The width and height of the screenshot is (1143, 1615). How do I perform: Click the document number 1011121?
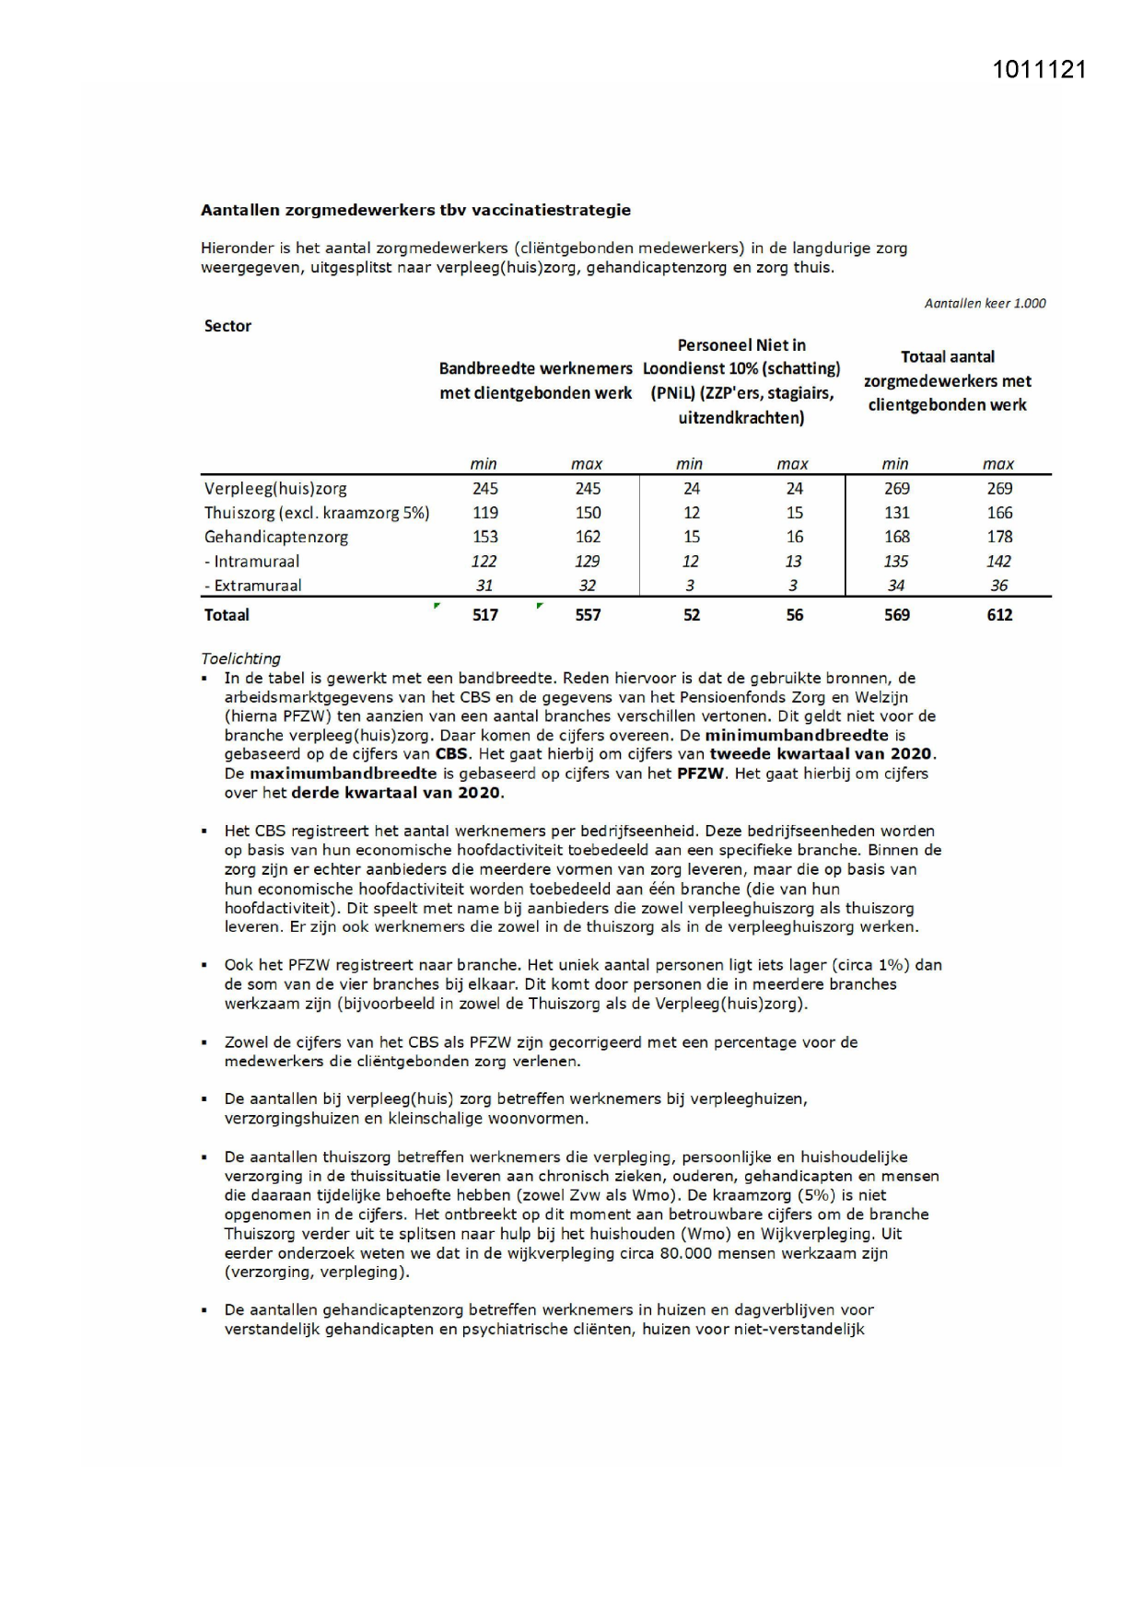pos(1039,70)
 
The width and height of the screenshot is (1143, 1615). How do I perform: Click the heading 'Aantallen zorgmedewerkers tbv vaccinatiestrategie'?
pos(415,210)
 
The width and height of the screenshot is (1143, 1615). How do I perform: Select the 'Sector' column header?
pos(227,326)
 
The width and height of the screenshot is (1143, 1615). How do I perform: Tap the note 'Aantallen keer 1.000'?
pos(985,303)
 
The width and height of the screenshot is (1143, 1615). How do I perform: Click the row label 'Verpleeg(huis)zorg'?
pos(275,489)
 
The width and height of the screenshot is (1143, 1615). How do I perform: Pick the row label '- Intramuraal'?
pos(251,561)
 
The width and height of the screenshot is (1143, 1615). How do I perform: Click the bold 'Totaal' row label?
pos(227,615)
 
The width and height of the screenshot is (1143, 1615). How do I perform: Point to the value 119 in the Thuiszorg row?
pos(484,513)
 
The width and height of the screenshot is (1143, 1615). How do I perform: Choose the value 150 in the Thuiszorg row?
pos(588,513)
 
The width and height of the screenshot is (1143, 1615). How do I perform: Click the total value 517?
pos(484,615)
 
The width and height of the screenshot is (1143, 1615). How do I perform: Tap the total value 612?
pos(999,615)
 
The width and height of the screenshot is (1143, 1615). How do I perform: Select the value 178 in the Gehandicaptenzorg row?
pos(999,537)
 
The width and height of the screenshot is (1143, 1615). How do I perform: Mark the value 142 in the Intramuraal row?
pos(998,561)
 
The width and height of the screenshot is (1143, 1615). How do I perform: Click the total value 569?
pos(896,615)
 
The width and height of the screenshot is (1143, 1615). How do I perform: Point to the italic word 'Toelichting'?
pos(240,658)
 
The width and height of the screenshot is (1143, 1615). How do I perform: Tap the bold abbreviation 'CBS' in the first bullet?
pos(451,754)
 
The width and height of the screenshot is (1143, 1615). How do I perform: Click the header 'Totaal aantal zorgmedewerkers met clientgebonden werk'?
pos(948,380)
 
